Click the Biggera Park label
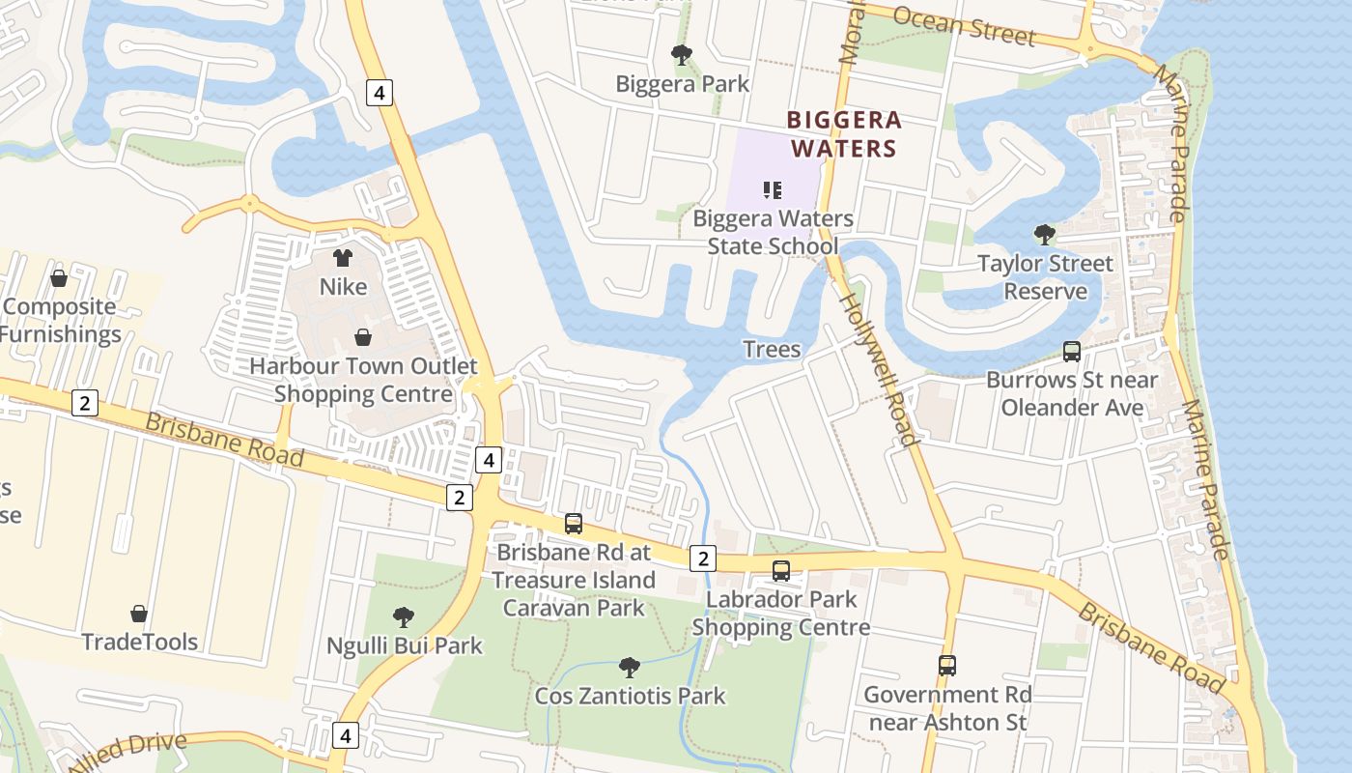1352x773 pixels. pos(683,84)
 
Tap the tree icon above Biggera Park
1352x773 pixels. pos(682,55)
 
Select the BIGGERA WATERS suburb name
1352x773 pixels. pos(844,134)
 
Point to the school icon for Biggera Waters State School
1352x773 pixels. pos(772,189)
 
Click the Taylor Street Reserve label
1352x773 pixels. pos(1045,277)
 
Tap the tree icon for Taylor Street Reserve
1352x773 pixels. pos(1044,234)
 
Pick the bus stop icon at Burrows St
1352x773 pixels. pos(1071,352)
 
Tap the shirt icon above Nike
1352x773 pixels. pos(343,258)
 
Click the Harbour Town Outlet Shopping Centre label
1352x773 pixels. pos(363,380)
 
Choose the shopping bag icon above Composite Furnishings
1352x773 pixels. pos(59,278)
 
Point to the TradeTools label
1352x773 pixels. pos(139,642)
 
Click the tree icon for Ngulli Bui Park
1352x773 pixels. pos(404,616)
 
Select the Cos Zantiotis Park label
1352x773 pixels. pos(630,696)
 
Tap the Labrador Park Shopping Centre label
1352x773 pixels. pos(781,614)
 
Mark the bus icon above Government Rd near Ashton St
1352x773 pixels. pos(946,666)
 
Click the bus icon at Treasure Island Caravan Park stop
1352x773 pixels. pos(574,524)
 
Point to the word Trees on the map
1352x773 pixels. pos(772,349)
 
